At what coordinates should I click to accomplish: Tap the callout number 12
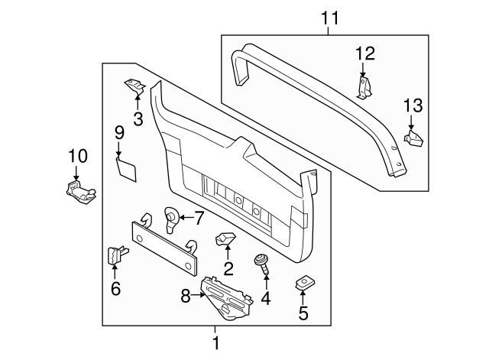point(366,53)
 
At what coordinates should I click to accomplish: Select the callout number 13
point(412,105)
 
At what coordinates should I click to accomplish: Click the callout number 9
point(119,132)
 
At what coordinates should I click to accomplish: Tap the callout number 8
point(185,295)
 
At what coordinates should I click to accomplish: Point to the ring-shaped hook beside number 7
point(172,219)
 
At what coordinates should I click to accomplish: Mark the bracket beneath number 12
point(364,86)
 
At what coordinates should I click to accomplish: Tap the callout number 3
point(138,118)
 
